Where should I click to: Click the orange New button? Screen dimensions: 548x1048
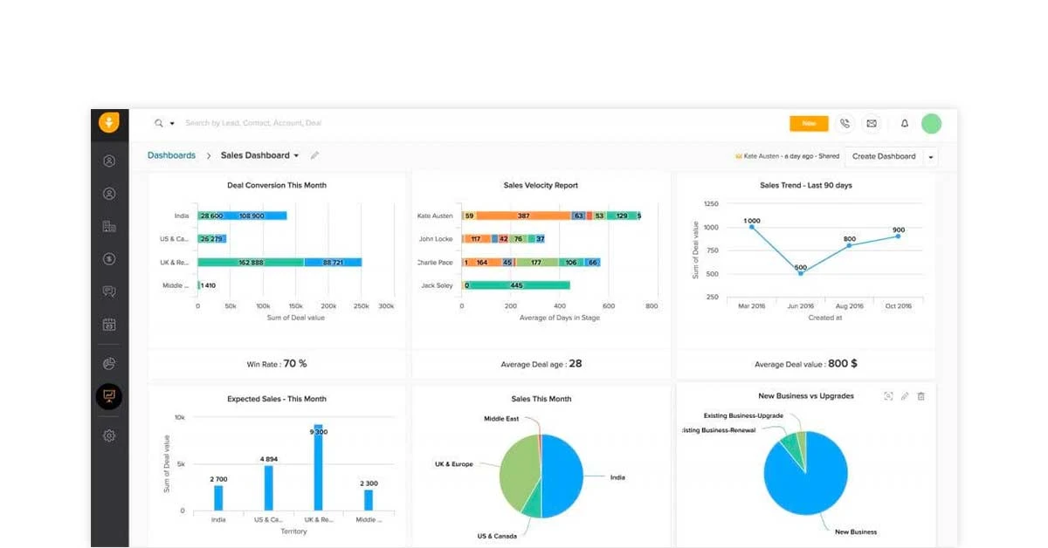[809, 123]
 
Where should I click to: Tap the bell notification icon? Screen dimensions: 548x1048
[905, 124]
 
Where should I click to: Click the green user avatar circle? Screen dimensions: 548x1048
[931, 124]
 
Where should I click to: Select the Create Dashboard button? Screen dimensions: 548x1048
[883, 156]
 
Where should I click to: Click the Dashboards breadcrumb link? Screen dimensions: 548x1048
[171, 155]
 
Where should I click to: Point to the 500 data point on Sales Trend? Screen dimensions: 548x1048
[801, 273]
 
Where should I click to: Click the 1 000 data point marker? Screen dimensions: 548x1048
[752, 227]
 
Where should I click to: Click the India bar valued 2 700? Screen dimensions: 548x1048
[218, 497]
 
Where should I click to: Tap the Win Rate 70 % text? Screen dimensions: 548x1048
[277, 364]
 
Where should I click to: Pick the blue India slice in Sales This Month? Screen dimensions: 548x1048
[563, 476]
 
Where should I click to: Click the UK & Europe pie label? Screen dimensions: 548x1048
[454, 464]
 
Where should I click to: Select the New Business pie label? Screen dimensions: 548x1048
[855, 531]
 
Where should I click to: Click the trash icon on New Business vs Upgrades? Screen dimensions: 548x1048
[920, 396]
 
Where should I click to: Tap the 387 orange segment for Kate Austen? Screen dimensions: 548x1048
[523, 216]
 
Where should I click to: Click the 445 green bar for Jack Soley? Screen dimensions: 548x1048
[516, 284]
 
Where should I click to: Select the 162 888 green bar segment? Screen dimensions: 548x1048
[251, 262]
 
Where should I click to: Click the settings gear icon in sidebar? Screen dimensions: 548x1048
[109, 435]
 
